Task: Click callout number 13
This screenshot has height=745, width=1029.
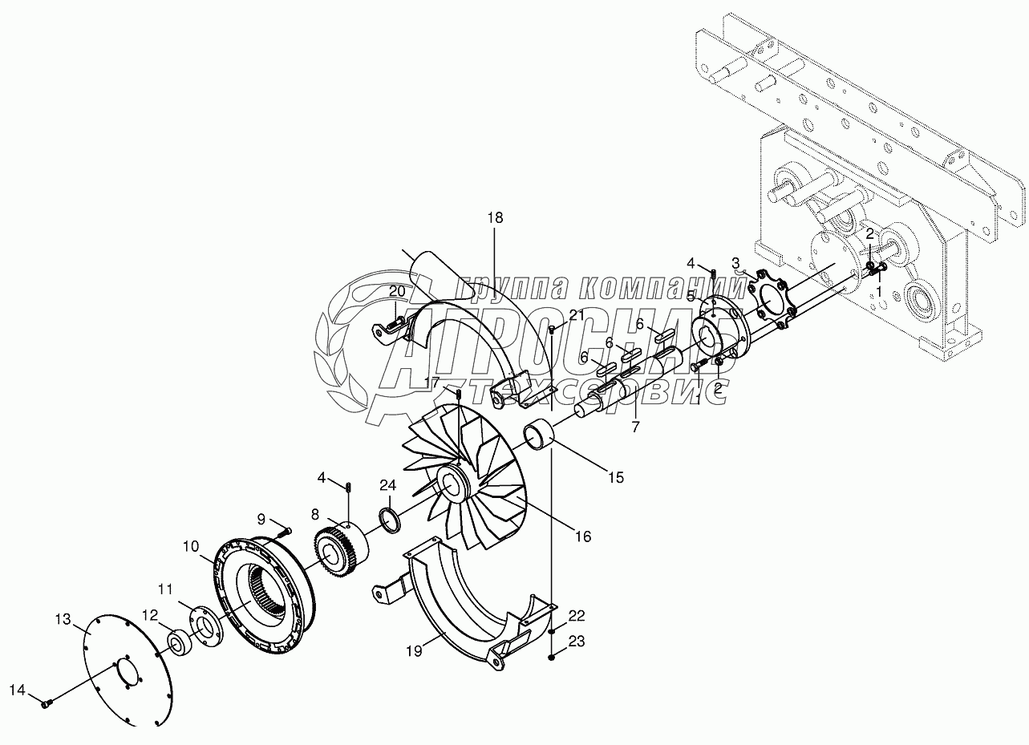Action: (63, 618)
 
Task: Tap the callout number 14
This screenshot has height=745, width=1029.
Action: (18, 690)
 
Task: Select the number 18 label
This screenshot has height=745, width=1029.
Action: (495, 217)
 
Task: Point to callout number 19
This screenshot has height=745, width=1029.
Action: (414, 651)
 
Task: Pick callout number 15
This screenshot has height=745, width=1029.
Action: (615, 478)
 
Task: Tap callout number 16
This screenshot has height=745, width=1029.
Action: (583, 536)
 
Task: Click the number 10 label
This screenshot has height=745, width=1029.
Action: (190, 546)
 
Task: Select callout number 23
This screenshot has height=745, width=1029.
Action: (577, 641)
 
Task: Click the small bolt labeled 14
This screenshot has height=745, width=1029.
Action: (46, 703)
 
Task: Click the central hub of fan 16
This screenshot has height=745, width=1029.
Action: (453, 484)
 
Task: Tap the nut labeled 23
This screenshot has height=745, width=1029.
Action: (553, 658)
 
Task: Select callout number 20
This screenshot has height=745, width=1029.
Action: (398, 290)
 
